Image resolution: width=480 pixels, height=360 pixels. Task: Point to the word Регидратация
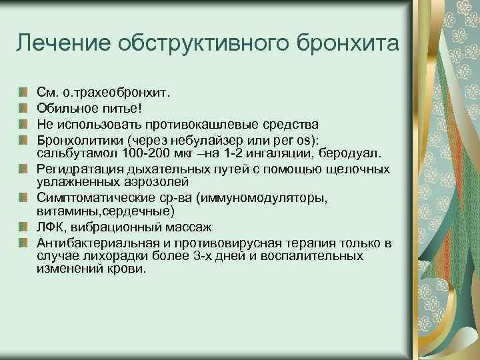(x=75, y=170)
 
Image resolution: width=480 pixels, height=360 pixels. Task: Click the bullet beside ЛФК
(x=23, y=227)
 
